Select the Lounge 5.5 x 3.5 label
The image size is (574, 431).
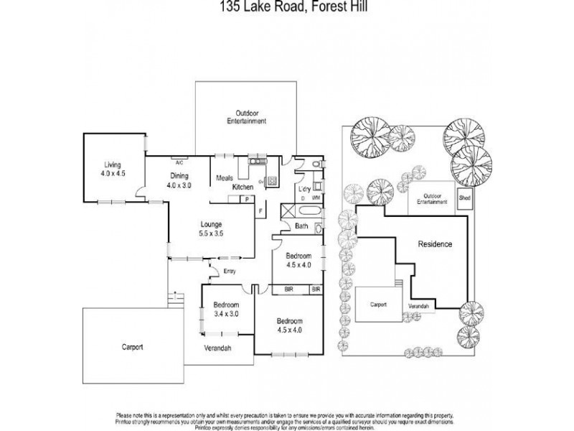(x=210, y=228)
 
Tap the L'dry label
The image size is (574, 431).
(x=303, y=189)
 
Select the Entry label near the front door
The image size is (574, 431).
(x=230, y=271)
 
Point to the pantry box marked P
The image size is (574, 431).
(x=246, y=199)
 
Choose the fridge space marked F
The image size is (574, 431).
(x=260, y=210)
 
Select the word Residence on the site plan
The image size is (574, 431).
(x=435, y=244)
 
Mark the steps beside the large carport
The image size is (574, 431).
(x=172, y=296)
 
